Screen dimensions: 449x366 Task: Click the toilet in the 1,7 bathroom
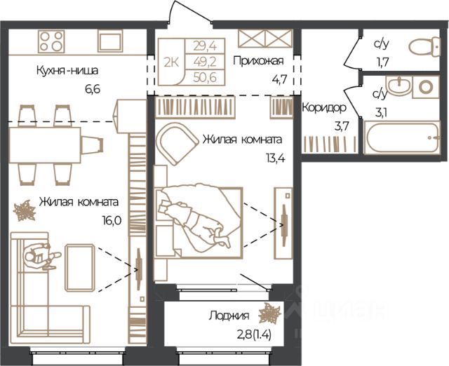(x=424, y=47)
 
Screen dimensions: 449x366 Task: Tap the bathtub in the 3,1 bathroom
(x=402, y=137)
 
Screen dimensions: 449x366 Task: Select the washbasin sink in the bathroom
(x=398, y=86)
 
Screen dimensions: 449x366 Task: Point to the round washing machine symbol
(x=426, y=87)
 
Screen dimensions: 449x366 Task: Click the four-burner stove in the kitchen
(x=51, y=41)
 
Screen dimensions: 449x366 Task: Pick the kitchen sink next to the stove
(x=110, y=41)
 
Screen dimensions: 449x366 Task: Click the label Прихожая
(x=258, y=61)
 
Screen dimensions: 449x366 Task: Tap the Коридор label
(x=324, y=108)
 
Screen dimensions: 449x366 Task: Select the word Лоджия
(x=229, y=316)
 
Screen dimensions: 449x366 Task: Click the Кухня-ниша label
(x=67, y=70)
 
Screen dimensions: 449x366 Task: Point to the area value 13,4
(x=276, y=158)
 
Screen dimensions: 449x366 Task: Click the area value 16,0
(x=112, y=221)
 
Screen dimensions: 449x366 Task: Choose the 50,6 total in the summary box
(x=205, y=77)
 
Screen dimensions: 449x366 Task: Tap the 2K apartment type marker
(x=171, y=62)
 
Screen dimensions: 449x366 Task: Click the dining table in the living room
(x=45, y=145)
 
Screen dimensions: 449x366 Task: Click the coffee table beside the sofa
(x=79, y=268)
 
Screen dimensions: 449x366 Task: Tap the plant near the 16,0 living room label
(x=25, y=210)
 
